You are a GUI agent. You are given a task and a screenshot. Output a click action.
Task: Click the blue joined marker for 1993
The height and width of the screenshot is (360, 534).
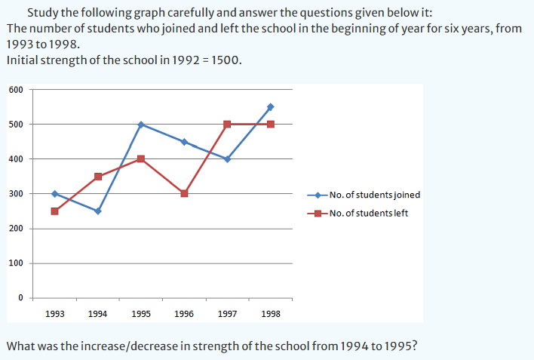tap(54, 193)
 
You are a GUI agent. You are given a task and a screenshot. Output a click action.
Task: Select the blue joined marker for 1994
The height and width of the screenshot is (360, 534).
tap(98, 211)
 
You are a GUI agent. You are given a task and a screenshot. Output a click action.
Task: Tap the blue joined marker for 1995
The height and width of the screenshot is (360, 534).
tap(141, 124)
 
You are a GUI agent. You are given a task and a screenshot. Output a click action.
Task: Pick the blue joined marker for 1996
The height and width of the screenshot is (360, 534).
tap(184, 142)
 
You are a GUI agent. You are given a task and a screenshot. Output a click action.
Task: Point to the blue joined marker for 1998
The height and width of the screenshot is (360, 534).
tap(270, 106)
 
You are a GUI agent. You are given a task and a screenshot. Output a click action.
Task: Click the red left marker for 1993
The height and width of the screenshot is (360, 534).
tap(54, 211)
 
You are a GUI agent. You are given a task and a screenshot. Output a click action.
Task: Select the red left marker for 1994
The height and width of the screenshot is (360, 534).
tap(98, 177)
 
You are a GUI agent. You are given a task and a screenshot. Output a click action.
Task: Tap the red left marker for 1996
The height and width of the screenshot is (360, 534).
tap(184, 193)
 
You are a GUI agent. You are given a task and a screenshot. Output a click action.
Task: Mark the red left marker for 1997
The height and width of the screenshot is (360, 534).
tap(227, 125)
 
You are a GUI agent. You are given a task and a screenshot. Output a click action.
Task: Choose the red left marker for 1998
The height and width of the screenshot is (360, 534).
tap(270, 125)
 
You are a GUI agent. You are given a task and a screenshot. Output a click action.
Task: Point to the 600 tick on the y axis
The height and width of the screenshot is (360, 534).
tap(17, 90)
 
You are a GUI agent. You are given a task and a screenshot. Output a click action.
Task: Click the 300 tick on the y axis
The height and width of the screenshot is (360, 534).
tap(17, 194)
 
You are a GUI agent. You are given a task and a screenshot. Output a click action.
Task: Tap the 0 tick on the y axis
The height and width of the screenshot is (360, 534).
tap(21, 297)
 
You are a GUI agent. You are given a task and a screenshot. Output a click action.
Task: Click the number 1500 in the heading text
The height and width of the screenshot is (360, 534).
tap(224, 61)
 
